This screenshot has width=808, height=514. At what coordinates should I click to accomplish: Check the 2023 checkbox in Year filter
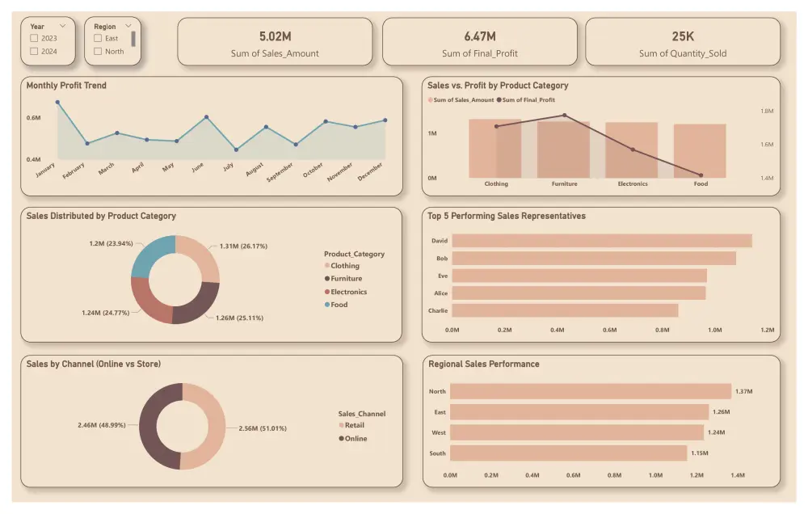(34, 38)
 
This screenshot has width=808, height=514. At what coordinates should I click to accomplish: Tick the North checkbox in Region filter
(98, 51)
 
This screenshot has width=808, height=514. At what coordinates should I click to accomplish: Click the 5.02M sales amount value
(274, 36)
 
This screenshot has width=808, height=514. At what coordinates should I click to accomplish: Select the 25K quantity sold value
(682, 36)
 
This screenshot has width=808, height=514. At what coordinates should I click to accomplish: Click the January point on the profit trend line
(57, 102)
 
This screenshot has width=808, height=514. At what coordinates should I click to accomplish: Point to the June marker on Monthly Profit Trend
(206, 117)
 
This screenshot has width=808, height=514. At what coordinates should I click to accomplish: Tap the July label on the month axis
(228, 166)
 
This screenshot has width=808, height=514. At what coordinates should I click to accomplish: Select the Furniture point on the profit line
(564, 116)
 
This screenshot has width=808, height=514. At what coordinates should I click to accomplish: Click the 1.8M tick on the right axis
(767, 111)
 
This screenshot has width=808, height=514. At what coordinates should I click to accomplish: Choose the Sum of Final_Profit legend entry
(526, 100)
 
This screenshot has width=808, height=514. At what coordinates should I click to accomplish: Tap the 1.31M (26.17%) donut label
(243, 246)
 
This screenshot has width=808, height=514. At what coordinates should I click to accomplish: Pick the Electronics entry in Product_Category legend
(347, 292)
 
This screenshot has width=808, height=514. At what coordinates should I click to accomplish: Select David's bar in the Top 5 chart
(601, 241)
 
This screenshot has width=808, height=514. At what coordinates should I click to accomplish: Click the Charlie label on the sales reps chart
(439, 310)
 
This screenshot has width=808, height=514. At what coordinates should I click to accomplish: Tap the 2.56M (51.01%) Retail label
(263, 428)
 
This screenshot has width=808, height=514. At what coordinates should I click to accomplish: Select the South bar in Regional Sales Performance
(568, 453)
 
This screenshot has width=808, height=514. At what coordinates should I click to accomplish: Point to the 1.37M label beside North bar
(743, 392)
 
